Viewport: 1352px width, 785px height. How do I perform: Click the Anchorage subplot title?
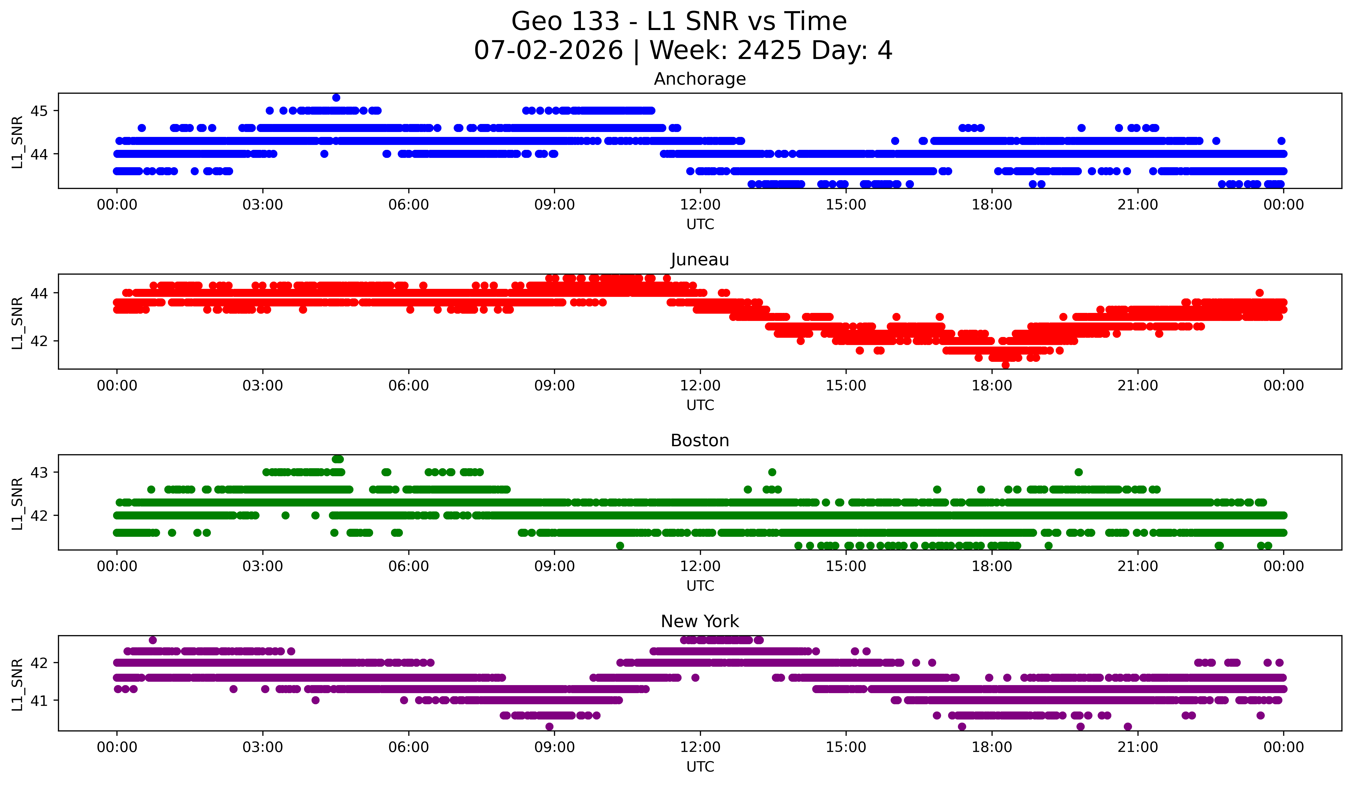(x=700, y=79)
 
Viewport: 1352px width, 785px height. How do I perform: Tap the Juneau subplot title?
(x=700, y=260)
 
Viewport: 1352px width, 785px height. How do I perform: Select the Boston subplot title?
(x=700, y=441)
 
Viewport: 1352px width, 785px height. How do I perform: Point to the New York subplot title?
(x=700, y=621)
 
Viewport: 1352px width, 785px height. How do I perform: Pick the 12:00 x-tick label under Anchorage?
(x=700, y=204)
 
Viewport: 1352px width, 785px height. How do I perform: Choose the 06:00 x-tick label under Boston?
(x=409, y=566)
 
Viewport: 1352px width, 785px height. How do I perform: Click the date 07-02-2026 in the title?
(x=548, y=50)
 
